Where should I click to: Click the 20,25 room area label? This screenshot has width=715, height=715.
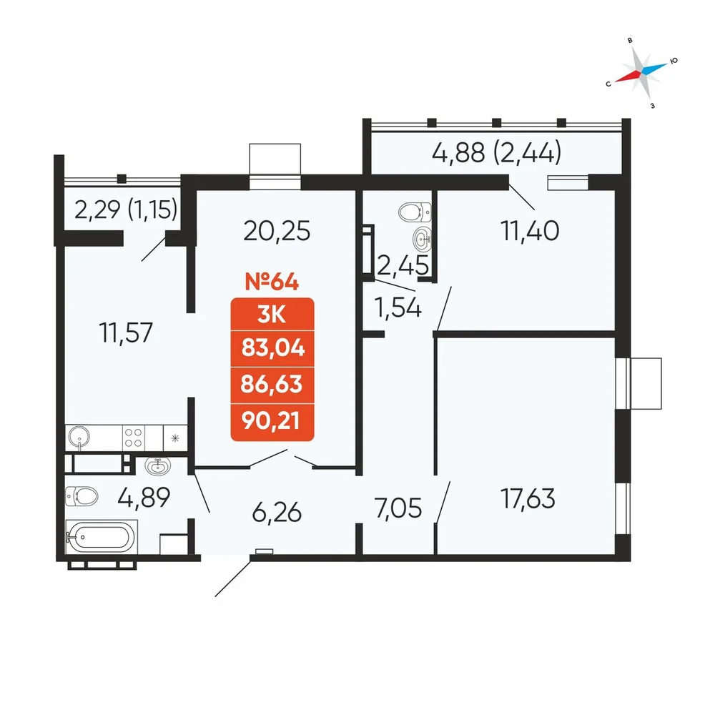(x=277, y=231)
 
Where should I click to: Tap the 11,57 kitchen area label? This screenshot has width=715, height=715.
(x=126, y=332)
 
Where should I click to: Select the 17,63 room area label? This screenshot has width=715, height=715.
(x=528, y=498)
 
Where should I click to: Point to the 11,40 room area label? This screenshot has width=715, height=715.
(x=529, y=230)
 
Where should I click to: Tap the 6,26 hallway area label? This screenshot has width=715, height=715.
(x=277, y=512)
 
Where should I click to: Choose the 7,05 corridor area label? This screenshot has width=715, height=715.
(x=398, y=508)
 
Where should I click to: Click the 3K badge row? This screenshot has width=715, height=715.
(x=272, y=314)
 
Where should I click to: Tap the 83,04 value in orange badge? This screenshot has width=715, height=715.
(x=272, y=348)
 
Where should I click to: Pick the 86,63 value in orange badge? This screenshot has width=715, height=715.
(x=272, y=385)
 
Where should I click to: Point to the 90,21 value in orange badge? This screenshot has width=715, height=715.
(x=271, y=421)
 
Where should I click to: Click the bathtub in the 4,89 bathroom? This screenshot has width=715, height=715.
(x=101, y=537)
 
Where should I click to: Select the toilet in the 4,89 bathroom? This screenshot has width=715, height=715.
(x=82, y=496)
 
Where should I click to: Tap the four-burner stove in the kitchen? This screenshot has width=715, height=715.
(x=133, y=438)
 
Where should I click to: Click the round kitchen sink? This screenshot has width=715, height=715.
(x=79, y=438)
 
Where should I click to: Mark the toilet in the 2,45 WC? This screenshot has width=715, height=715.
(x=415, y=212)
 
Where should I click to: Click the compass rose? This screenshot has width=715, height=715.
(x=641, y=71)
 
